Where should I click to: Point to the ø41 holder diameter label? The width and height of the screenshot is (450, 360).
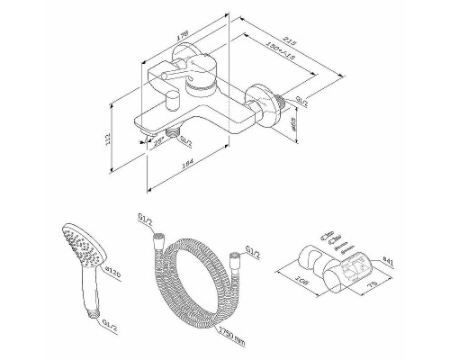click(x=387, y=263)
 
